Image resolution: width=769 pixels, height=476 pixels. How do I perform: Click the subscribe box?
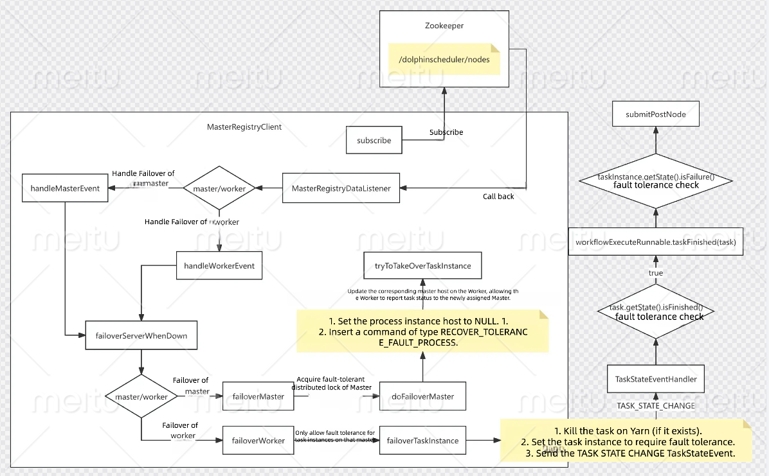tap(374, 140)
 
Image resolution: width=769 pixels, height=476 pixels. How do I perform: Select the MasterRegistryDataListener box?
tap(341, 188)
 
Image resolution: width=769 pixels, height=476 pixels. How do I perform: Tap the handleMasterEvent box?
tap(65, 188)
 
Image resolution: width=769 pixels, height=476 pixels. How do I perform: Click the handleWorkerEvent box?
tap(219, 265)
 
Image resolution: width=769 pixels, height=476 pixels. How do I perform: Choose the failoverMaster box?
tap(258, 396)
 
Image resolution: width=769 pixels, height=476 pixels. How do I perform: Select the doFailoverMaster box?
tap(422, 396)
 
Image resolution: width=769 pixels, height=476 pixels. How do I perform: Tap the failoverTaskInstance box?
tap(422, 441)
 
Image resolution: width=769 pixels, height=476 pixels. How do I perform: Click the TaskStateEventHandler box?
tap(656, 379)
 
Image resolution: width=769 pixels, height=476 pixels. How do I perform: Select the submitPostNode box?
tap(655, 114)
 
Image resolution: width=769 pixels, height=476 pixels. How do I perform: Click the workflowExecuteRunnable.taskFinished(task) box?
tap(655, 242)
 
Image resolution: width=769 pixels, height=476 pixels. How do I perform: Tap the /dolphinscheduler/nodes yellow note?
tap(444, 60)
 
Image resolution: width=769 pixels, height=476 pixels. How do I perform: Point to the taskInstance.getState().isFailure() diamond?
tap(656, 181)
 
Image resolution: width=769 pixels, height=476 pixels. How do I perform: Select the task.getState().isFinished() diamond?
tap(656, 312)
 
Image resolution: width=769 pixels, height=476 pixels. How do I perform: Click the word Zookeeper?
tap(443, 26)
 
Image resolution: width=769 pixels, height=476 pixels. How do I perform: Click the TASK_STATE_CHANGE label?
tap(656, 405)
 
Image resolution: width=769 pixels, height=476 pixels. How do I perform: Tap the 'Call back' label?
tap(498, 197)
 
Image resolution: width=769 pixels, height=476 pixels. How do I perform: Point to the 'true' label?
tap(656, 273)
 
